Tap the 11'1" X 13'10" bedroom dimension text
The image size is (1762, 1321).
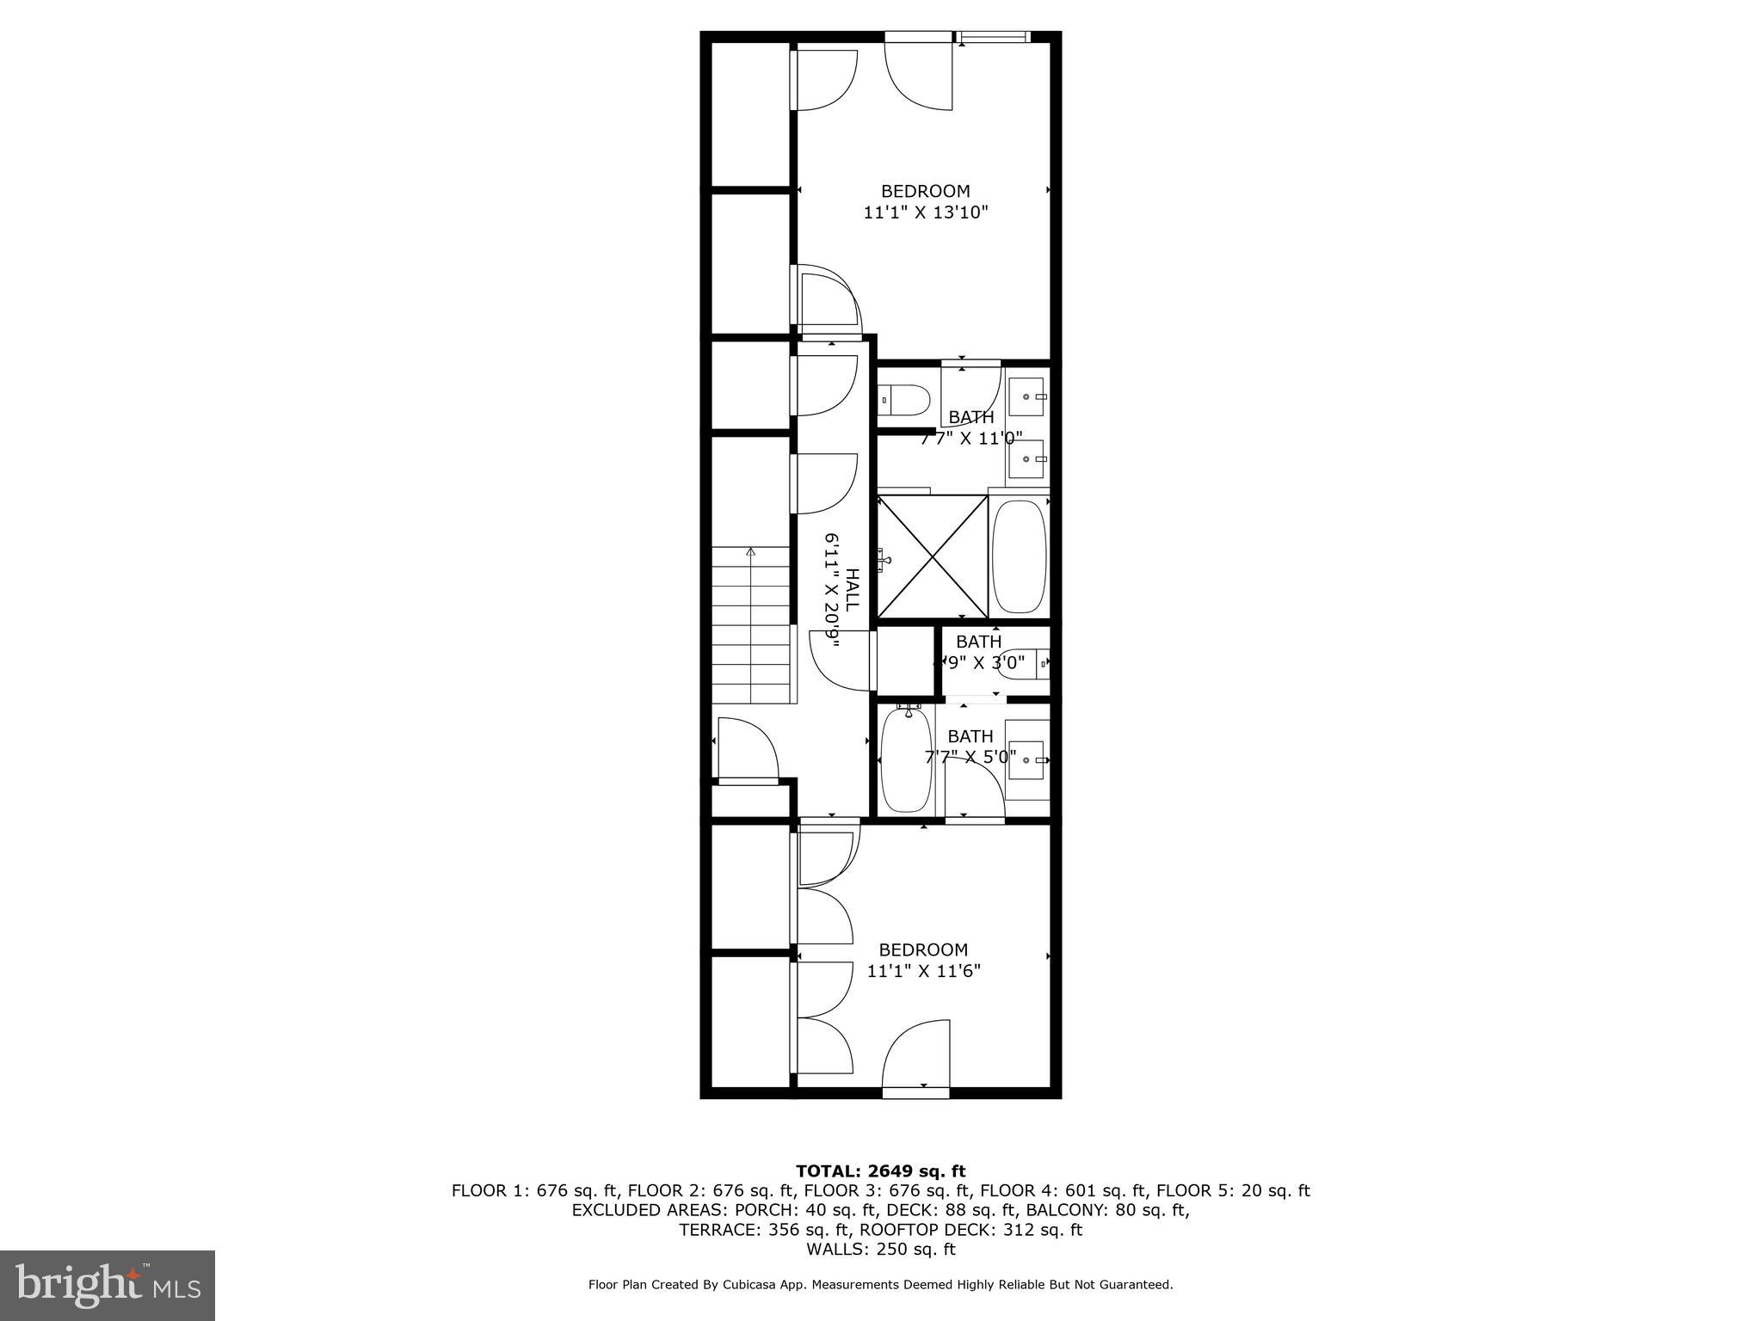[x=926, y=212]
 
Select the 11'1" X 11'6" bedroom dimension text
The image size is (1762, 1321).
[x=923, y=971]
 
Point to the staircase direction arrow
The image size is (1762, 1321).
[x=751, y=553]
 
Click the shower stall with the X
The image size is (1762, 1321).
[x=933, y=556]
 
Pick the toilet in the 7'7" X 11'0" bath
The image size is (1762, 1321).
[x=905, y=400]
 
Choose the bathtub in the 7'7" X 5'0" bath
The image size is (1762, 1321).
[x=906, y=759]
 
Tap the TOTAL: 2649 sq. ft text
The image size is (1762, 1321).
[x=880, y=1171]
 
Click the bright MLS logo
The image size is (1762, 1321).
[x=108, y=1286]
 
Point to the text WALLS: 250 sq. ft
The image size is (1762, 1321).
[x=880, y=1249]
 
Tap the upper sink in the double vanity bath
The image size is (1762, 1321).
[x=1026, y=397]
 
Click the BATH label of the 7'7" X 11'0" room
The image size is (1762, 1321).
[x=971, y=417]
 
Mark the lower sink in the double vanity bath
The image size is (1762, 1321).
[x=1026, y=459]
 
